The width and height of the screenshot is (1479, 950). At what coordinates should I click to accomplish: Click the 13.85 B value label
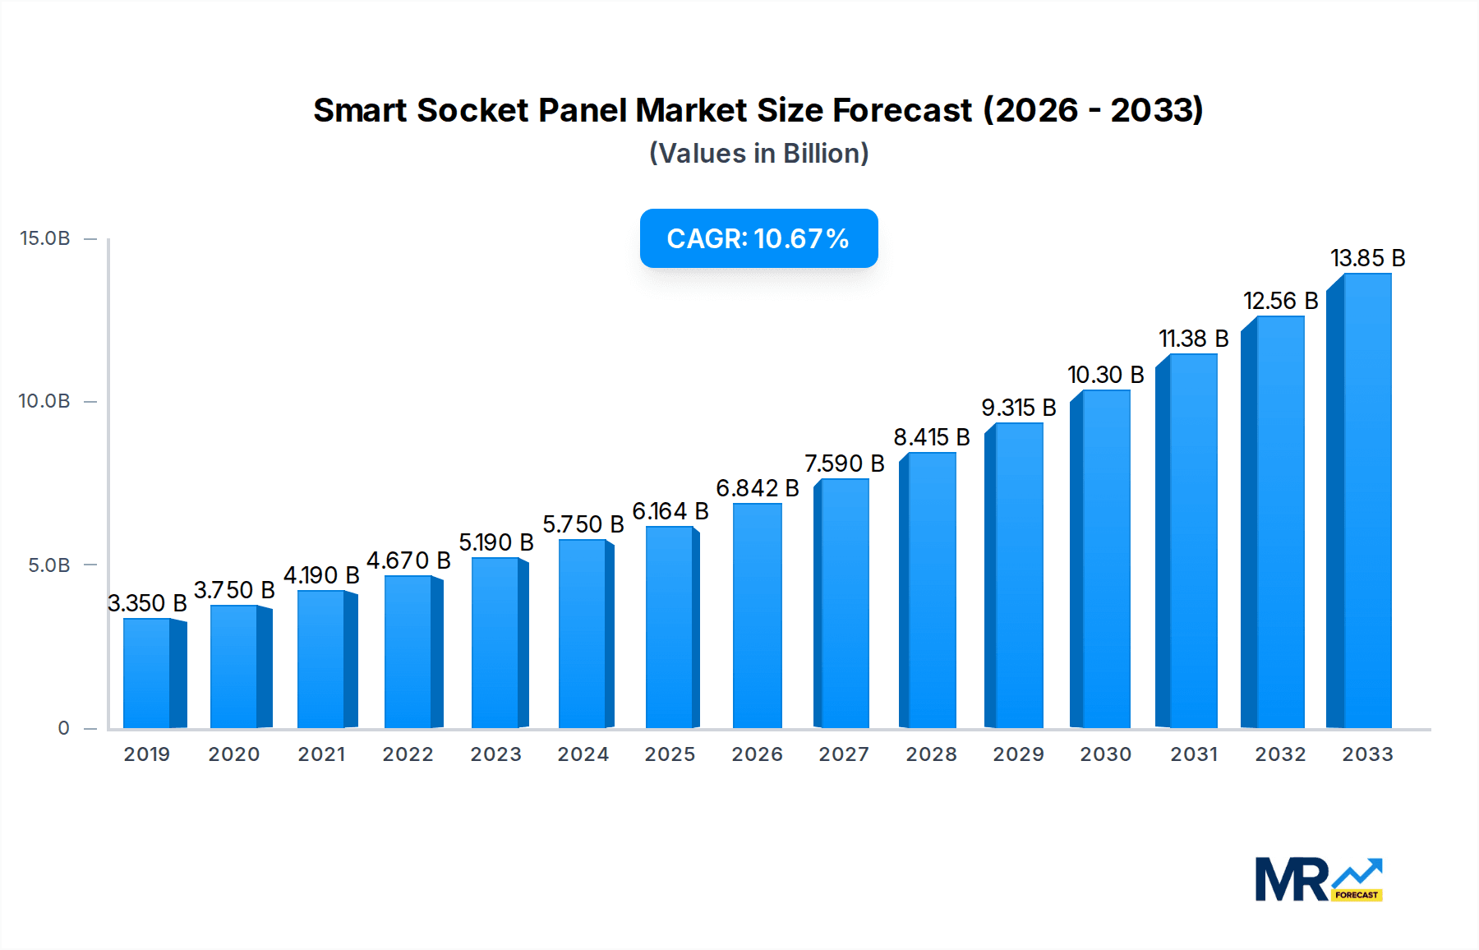(1367, 258)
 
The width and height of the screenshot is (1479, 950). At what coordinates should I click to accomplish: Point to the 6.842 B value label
(757, 488)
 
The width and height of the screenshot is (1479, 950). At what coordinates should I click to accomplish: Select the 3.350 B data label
(147, 603)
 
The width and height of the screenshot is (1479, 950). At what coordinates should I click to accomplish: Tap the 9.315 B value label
(1018, 408)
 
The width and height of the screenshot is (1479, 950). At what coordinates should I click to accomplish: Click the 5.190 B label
(495, 542)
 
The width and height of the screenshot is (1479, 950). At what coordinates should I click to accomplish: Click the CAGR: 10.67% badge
(758, 238)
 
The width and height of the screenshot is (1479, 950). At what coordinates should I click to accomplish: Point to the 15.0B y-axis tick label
(45, 238)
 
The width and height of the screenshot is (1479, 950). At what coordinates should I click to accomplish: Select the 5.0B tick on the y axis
(49, 565)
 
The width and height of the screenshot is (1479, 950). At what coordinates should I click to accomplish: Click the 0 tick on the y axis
(63, 728)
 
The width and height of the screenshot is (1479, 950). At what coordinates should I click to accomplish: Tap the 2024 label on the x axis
(583, 754)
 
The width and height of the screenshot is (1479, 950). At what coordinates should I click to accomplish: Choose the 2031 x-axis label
(1193, 754)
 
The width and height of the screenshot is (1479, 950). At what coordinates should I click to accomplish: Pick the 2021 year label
(321, 754)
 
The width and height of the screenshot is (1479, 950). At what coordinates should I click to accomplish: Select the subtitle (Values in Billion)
(758, 154)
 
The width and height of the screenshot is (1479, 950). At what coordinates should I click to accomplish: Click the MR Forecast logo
(1318, 879)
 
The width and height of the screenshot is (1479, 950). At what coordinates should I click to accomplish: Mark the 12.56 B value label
(1280, 301)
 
